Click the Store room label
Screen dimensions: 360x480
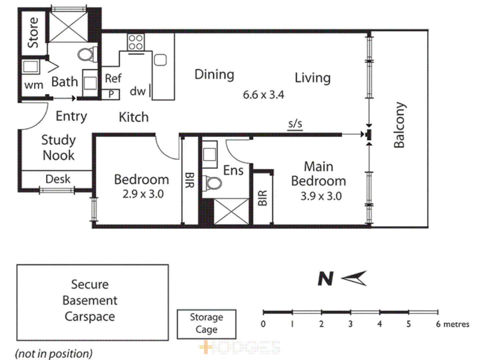33,33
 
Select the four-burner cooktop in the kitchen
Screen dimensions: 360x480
136,42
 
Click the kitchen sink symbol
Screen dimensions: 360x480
160,60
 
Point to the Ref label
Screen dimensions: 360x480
113,79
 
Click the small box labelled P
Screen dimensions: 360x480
111,95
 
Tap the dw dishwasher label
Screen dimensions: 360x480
138,91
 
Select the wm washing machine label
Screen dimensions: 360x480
34,85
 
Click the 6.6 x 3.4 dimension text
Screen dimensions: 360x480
263,95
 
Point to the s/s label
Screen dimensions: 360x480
295,124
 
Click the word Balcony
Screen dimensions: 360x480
399,125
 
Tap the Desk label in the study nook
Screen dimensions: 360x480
58,179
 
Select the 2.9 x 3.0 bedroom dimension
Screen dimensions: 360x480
143,194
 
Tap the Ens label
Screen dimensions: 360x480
233,171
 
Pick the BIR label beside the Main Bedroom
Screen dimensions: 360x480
263,198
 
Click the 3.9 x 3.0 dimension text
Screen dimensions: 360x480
321,196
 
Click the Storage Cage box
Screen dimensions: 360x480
206,323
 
